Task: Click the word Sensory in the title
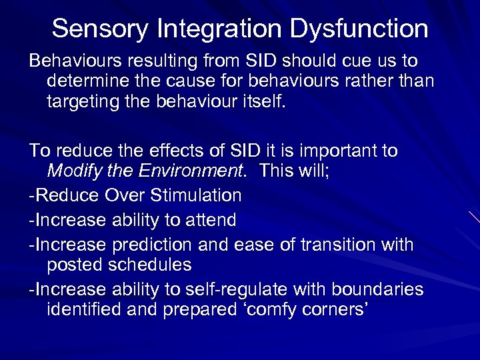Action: pos(100,29)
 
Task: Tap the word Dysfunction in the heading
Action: pos(359,29)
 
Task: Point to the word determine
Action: pos(90,82)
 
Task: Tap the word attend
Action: pos(209,219)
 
